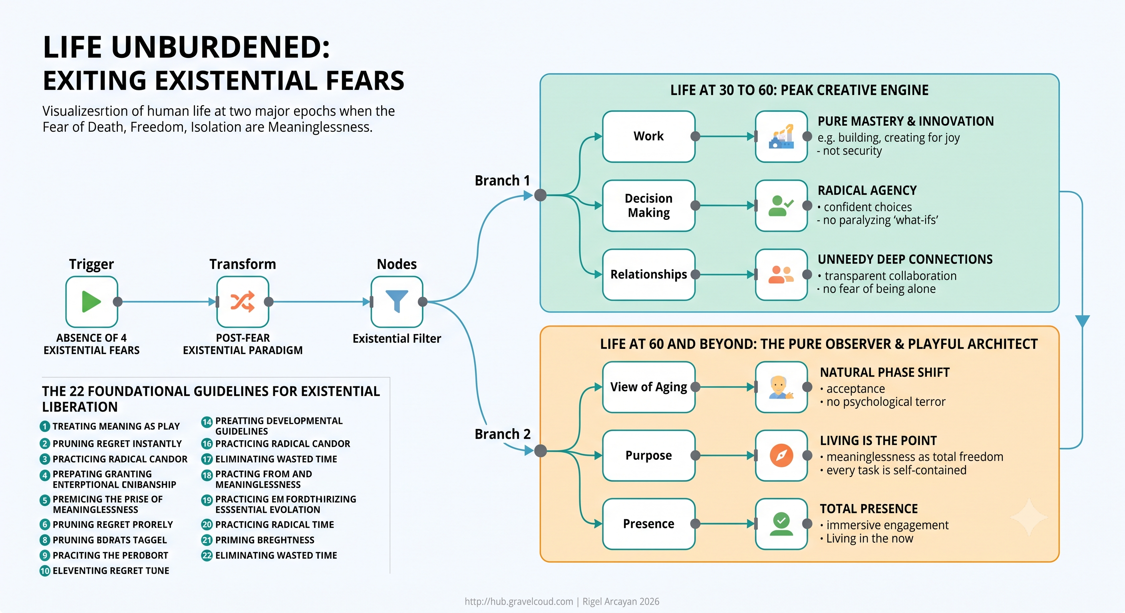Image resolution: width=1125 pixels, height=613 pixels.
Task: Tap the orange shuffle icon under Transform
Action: point(242,301)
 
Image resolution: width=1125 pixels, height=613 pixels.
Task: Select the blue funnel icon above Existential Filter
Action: point(397,301)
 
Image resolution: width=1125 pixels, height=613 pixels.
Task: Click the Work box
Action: point(648,136)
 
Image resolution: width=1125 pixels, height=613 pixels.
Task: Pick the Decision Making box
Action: point(648,206)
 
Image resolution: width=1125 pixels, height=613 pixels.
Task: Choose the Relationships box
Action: point(648,275)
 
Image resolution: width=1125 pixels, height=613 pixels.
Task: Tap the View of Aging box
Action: point(648,387)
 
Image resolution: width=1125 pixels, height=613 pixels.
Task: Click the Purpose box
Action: point(648,455)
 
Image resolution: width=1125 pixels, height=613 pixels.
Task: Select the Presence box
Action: point(648,524)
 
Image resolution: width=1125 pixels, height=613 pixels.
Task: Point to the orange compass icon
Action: point(781,455)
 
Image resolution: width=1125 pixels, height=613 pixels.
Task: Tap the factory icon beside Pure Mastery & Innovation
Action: point(781,136)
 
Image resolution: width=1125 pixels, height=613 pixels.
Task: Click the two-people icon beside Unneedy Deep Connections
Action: point(781,275)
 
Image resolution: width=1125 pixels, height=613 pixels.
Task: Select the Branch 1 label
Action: point(502,181)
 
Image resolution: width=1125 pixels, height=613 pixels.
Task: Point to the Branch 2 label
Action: point(503,434)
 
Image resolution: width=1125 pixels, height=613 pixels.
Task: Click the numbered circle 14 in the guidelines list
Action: point(207,422)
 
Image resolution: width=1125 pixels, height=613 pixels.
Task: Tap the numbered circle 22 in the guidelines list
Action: point(207,556)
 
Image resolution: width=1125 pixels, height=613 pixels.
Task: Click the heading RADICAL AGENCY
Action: point(867,191)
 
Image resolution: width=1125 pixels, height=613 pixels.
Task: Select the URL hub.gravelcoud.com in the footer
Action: point(519,602)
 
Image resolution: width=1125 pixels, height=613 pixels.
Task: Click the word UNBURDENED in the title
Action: point(221,47)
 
